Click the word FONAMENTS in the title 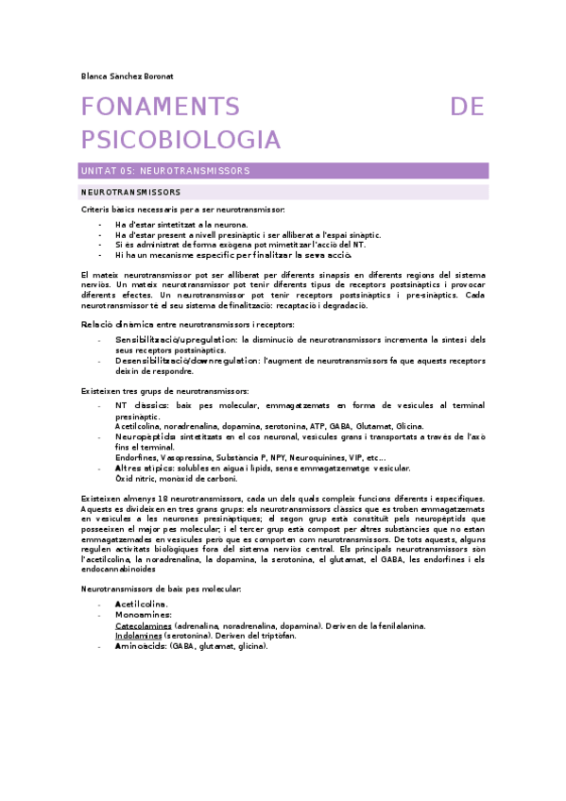[160, 108]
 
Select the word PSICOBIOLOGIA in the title [181, 140]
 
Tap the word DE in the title [468, 108]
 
